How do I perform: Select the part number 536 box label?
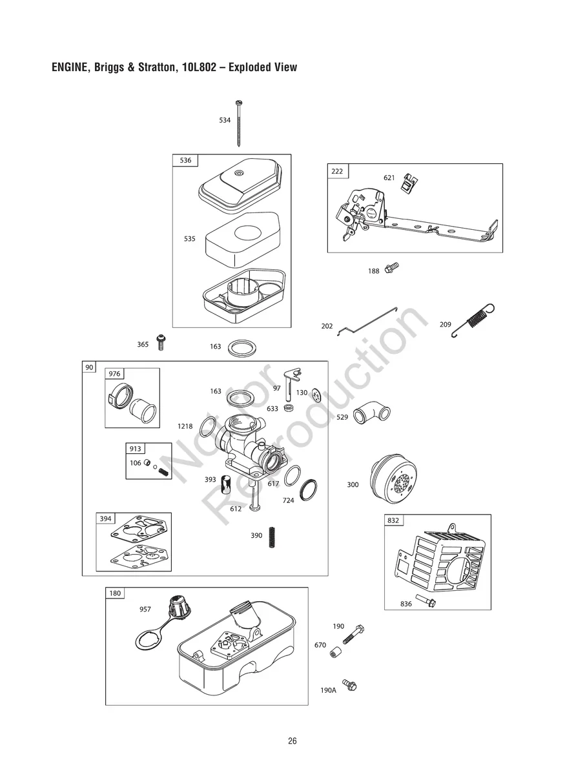185,160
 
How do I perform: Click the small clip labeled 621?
407,183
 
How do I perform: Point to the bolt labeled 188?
391,267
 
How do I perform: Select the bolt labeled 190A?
350,684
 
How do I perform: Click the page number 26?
292,741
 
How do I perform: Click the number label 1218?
185,427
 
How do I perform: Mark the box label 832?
393,520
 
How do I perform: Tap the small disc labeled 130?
316,393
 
